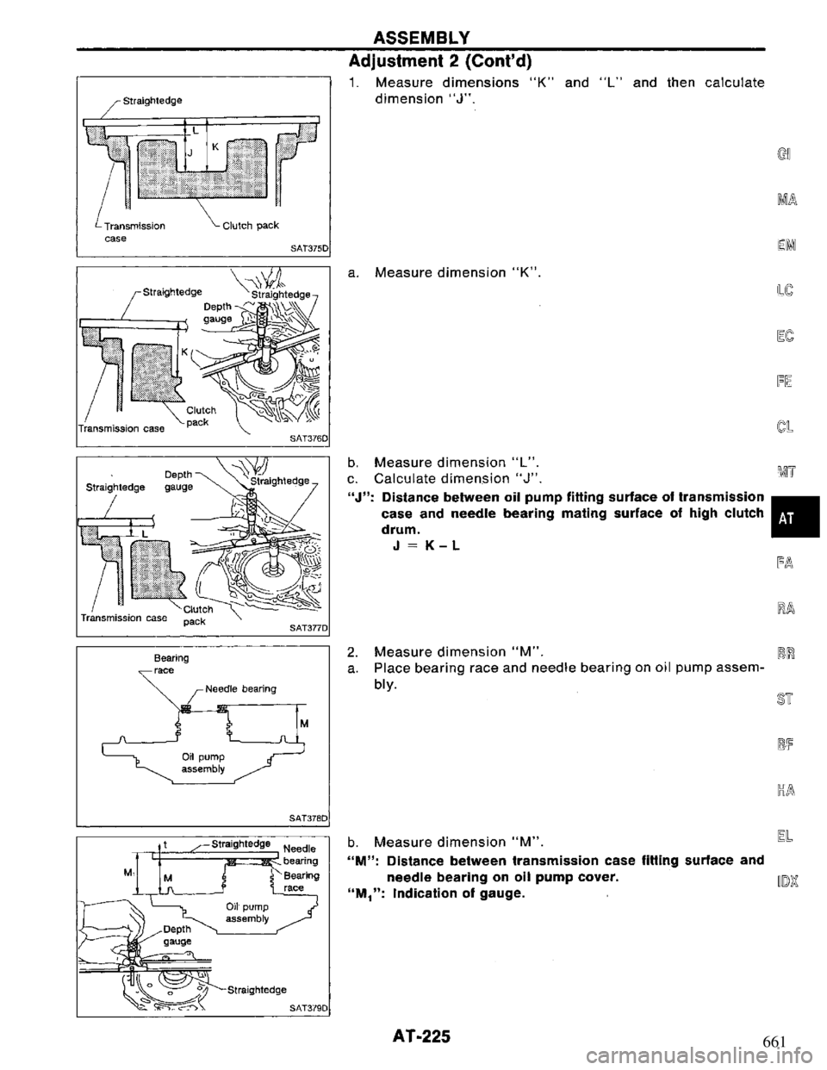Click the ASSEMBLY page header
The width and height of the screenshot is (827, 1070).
tap(421, 37)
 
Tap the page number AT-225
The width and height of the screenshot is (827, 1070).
tap(421, 1036)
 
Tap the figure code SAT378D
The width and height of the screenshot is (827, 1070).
tap(308, 818)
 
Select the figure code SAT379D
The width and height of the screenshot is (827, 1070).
tap(308, 1007)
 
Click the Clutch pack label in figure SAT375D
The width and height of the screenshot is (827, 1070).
tap(251, 226)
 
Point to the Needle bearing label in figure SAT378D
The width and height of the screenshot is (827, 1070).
tap(240, 689)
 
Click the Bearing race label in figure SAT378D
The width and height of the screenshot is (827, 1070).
tap(171, 663)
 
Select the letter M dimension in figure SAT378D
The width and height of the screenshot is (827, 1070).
tap(304, 724)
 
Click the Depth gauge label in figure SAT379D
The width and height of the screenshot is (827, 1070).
tap(177, 936)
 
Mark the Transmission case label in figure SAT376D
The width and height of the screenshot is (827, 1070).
tap(121, 428)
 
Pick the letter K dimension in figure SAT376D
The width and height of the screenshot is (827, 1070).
tap(184, 351)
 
